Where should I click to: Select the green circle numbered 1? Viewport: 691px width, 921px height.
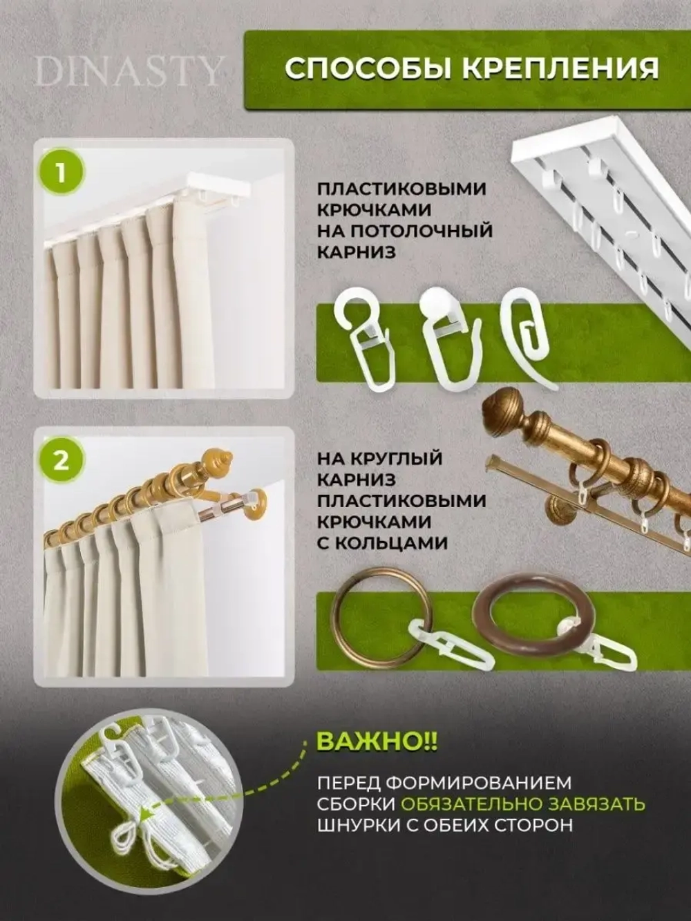coord(61,173)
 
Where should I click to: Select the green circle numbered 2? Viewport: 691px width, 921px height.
coord(61,461)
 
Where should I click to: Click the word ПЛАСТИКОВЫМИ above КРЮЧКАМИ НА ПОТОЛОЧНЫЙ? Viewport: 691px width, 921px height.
coord(401,189)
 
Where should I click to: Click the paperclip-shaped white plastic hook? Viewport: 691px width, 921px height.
coord(528,322)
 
